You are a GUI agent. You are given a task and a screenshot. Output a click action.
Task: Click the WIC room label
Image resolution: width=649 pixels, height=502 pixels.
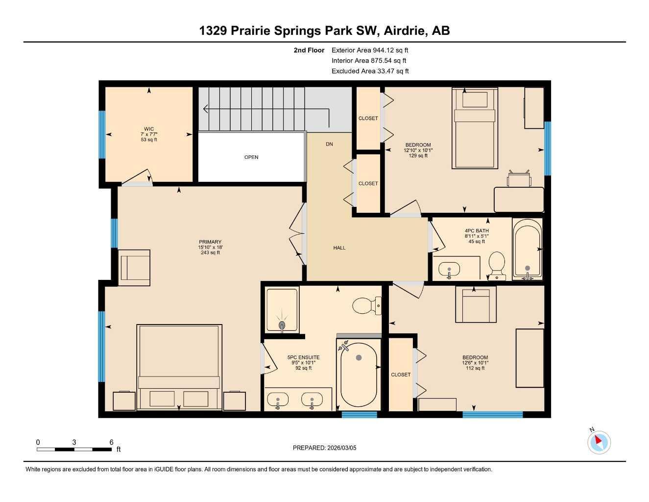pyautogui.click(x=149, y=129)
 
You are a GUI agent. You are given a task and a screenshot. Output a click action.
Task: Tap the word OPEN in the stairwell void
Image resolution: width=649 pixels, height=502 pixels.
pyautogui.click(x=251, y=157)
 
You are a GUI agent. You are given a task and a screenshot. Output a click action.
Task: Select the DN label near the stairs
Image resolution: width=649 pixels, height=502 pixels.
pyautogui.click(x=330, y=144)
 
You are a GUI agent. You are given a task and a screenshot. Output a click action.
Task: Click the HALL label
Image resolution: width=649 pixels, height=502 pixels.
pyautogui.click(x=339, y=248)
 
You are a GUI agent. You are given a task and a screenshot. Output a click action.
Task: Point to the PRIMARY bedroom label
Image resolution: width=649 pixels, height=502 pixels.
pyautogui.click(x=210, y=242)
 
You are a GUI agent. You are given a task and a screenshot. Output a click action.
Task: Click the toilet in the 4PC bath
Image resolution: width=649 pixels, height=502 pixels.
pyautogui.click(x=497, y=265)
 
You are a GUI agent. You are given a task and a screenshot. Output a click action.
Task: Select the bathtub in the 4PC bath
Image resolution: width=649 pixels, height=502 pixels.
pyautogui.click(x=527, y=250)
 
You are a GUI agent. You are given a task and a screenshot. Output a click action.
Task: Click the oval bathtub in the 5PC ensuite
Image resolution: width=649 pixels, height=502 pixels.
pyautogui.click(x=359, y=375)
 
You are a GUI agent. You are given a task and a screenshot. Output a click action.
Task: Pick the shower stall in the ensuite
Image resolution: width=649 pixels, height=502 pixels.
pyautogui.click(x=282, y=311)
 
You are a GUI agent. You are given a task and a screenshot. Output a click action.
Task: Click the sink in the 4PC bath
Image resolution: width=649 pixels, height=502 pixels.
pyautogui.click(x=449, y=270)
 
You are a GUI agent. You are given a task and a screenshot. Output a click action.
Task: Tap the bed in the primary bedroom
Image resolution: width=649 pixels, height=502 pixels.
pyautogui.click(x=179, y=368)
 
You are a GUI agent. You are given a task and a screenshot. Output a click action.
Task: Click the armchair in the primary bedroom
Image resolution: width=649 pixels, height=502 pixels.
pyautogui.click(x=134, y=268)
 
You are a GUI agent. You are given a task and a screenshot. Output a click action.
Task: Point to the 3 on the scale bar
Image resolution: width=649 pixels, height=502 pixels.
pyautogui.click(x=74, y=442)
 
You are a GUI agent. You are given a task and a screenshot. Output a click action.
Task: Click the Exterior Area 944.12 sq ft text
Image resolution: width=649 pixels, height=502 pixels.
pyautogui.click(x=370, y=50)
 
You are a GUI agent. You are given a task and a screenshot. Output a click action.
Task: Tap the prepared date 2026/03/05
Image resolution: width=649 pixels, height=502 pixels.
pyautogui.click(x=324, y=448)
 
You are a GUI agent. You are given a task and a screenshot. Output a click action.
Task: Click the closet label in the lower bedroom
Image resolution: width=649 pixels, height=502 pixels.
pyautogui.click(x=401, y=375)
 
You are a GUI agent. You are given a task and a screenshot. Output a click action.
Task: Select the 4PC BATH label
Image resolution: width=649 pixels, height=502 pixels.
pyautogui.click(x=477, y=230)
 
